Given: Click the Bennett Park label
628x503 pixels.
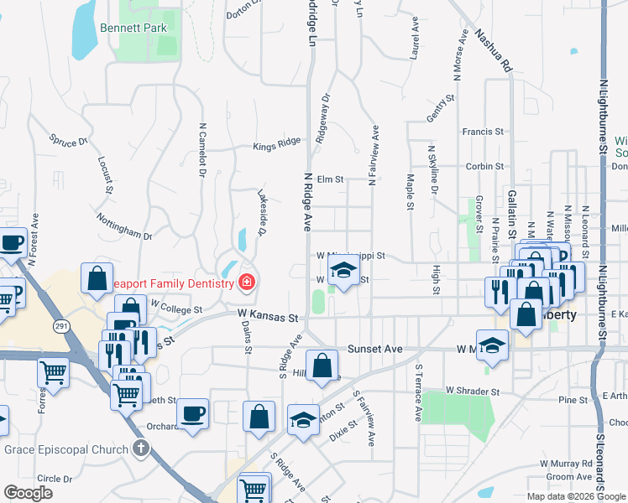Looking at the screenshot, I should point(133,28).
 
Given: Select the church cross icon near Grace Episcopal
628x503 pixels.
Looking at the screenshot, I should point(140,449).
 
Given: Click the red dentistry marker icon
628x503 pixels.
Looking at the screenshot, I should point(247,282).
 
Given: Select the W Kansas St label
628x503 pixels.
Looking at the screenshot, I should point(268,318).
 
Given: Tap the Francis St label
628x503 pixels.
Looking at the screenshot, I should point(483,132).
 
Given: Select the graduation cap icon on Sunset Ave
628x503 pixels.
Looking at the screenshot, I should point(493,344).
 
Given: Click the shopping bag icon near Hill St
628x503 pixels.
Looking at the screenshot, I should point(322,366).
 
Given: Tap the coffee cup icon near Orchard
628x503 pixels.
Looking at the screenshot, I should point(193,413).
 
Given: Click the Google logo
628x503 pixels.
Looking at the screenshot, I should point(28,493).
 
